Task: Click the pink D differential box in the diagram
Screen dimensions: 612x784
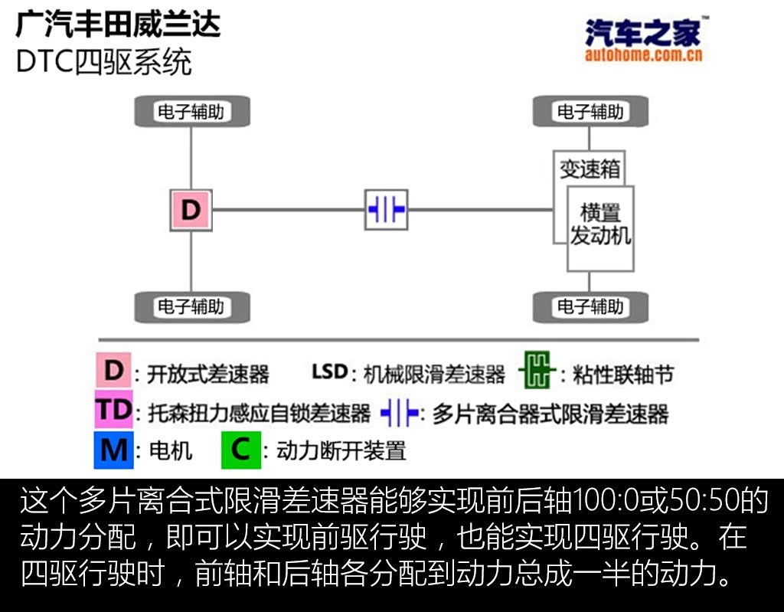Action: (191, 210)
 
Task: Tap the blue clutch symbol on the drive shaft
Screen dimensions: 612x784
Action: (386, 209)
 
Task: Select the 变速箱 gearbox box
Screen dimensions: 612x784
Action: (589, 168)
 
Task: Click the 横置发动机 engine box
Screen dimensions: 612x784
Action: (600, 226)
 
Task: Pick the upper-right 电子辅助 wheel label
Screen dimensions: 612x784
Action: (590, 112)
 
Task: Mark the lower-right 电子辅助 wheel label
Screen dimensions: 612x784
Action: (590, 306)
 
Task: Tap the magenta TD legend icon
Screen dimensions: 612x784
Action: (113, 411)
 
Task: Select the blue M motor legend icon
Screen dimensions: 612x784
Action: (113, 450)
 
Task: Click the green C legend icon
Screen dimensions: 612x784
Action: (240, 450)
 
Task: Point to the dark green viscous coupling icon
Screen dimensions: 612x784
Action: (537, 372)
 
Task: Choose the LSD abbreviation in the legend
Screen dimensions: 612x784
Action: (329, 372)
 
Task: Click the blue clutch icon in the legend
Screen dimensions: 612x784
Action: (399, 413)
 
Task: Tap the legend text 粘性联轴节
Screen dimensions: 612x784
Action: (624, 375)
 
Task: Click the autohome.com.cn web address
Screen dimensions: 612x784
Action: (643, 54)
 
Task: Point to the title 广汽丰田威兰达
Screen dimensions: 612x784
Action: (118, 25)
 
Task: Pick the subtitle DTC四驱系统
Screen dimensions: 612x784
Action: (103, 62)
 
